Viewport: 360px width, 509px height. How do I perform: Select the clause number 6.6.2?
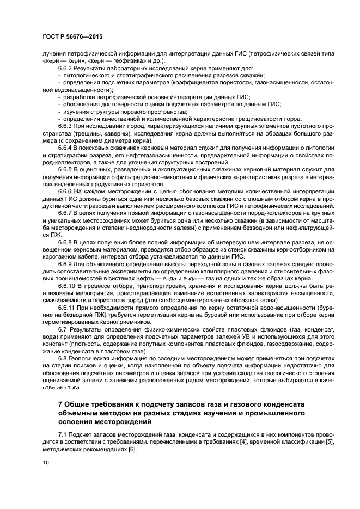66,69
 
